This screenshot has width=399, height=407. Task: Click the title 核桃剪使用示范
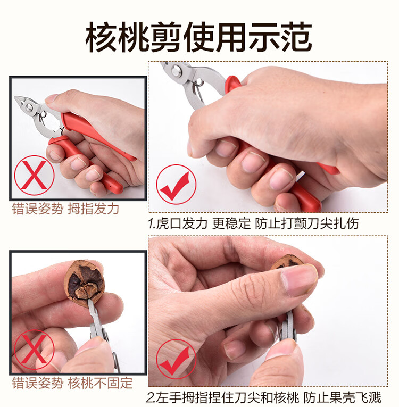pos(198,37)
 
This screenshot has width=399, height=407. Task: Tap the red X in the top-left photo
pos(34,175)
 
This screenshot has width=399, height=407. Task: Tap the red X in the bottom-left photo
pos(34,350)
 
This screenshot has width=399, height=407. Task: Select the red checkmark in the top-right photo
pos(176,184)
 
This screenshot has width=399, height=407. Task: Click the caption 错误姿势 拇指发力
pos(65,209)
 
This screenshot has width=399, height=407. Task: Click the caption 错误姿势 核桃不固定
pos(72,383)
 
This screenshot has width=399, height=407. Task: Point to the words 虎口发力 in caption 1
pos(182,223)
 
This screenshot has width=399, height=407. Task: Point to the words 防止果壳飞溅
pos(342,398)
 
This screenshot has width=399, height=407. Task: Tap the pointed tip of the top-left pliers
pos(16,97)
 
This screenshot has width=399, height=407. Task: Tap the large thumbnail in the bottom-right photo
pos(300,281)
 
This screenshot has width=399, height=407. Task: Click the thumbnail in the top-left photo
pos(51,98)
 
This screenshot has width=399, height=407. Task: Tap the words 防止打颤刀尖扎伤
pos(307,223)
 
